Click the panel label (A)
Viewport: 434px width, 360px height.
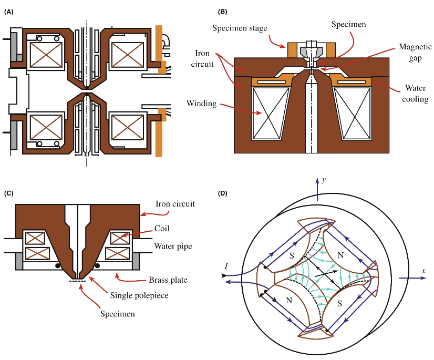tap(8, 12)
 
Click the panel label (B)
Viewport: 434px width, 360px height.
tap(223, 12)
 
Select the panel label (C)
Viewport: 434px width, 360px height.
tap(8, 193)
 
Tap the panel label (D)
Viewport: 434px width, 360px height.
tap(223, 193)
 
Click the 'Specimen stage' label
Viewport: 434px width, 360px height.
tap(240, 28)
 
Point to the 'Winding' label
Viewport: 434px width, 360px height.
tap(202, 104)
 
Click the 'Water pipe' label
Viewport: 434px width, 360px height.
tap(173, 246)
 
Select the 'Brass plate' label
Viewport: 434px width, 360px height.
tap(168, 280)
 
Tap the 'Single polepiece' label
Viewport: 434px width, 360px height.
tap(139, 295)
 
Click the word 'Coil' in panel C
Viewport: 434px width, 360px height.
tap(162, 229)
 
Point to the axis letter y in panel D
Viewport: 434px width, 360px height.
tap(324, 180)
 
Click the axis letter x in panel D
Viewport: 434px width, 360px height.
tap(423, 271)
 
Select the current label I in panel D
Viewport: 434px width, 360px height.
tap(226, 266)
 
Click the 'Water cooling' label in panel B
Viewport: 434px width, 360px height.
tap(415, 94)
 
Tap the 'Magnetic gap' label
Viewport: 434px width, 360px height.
tap(415, 53)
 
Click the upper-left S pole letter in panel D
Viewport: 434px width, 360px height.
tap(292, 255)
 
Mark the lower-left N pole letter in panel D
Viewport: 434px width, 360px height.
tap(289, 300)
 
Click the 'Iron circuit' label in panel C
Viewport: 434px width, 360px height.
tap(175, 204)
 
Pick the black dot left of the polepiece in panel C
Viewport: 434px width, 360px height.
tap(58, 266)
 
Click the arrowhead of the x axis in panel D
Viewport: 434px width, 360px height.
tap(423, 278)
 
